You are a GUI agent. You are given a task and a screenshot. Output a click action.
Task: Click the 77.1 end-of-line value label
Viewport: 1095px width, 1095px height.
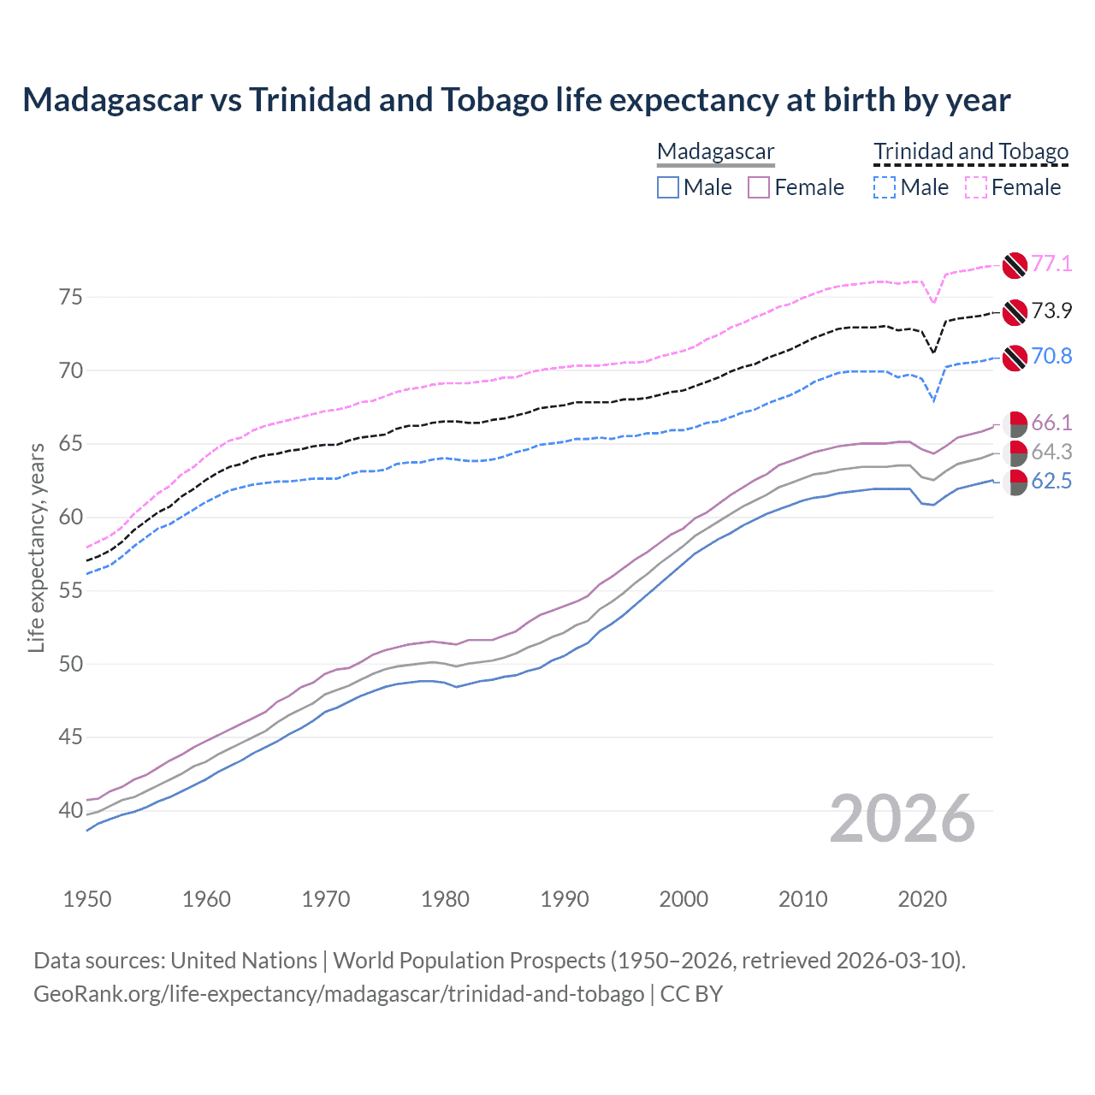pos(1051,263)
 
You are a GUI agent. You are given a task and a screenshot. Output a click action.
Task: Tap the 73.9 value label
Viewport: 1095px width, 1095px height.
pos(1051,311)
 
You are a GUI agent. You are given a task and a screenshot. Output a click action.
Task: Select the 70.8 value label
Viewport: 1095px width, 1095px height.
pos(1051,356)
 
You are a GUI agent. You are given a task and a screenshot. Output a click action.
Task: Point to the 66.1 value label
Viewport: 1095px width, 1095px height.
pos(1051,423)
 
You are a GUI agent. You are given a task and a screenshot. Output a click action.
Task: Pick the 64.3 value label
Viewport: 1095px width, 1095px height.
pos(1051,452)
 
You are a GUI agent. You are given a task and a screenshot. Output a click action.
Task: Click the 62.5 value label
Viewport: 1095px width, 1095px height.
pos(1051,481)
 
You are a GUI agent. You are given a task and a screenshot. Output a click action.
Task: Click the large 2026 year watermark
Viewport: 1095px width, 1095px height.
pos(902,819)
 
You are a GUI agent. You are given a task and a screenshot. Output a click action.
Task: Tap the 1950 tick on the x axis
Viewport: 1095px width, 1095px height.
pos(87,899)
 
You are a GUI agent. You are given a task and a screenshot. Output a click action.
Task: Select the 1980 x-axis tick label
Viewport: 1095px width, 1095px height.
pos(445,899)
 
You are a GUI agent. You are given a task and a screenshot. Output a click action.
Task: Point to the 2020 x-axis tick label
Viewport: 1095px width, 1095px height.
pos(922,899)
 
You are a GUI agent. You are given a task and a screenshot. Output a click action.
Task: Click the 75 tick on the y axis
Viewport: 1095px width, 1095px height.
pos(71,297)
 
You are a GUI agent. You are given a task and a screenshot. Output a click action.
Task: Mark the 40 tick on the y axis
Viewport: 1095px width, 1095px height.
pos(71,810)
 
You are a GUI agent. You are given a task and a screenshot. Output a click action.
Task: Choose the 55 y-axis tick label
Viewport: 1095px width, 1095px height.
pos(71,590)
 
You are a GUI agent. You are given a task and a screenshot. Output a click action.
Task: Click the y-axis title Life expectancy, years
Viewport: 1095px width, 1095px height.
pos(36,547)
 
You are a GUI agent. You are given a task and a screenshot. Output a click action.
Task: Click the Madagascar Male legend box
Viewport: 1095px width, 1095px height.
pos(668,187)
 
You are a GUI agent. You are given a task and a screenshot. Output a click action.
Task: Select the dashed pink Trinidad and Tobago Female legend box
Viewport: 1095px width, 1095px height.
pos(976,187)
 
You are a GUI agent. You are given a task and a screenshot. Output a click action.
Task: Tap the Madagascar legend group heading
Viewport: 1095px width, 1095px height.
pos(715,151)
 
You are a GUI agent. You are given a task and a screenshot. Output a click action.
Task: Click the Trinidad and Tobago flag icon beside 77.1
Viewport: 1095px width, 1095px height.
pos(1015,265)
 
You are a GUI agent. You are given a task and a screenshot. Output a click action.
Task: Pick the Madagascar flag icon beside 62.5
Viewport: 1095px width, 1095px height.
pos(1015,482)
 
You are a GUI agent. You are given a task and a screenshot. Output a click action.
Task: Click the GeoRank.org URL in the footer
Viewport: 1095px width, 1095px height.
pos(339,994)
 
